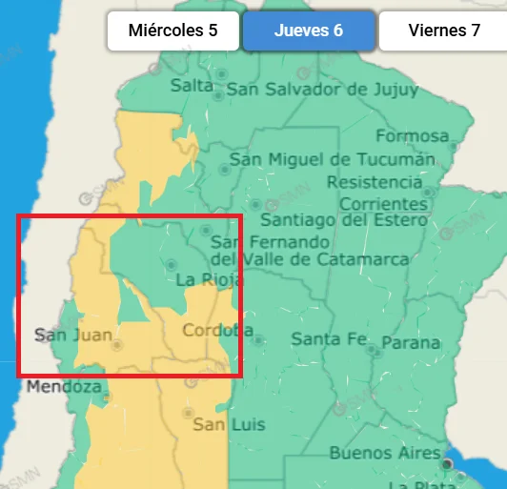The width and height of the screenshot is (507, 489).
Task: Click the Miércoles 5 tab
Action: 173,31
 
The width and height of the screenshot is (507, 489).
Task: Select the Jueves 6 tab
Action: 309,31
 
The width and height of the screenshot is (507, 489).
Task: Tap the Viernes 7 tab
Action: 443,31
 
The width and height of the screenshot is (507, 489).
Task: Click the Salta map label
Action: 193,85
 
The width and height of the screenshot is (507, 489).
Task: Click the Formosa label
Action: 412,136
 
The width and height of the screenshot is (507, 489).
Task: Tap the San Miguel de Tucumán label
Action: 332,159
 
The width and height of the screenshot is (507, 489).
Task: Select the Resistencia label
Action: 375,181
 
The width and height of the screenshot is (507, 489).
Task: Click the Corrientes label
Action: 383,203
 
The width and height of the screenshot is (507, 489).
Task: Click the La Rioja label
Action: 210,280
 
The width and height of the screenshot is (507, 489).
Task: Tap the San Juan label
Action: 73,335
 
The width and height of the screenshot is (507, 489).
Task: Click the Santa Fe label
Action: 329,338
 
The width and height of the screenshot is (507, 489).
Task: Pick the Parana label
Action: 411,342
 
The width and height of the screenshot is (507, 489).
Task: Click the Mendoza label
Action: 64,387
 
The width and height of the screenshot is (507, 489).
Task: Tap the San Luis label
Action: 229,424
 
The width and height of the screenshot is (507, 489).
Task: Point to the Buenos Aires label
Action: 385,453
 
